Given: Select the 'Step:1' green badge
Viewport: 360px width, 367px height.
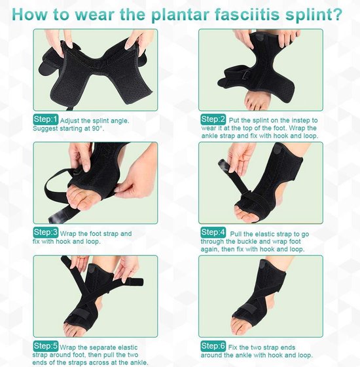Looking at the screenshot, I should point(46,120).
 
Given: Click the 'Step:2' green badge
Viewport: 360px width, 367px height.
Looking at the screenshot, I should point(213,119).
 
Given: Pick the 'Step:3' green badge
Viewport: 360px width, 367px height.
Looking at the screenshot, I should point(46,232).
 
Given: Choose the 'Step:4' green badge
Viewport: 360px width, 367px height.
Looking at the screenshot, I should point(213,232).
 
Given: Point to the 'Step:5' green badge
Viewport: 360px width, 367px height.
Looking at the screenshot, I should point(46,345).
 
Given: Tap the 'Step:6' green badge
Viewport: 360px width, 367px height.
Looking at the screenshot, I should point(213,345).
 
